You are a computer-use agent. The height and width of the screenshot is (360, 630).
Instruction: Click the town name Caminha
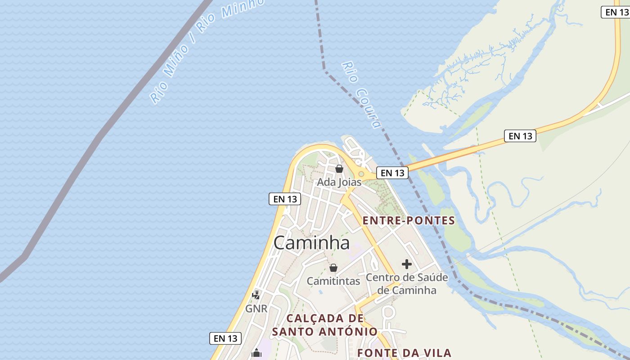click(311, 243)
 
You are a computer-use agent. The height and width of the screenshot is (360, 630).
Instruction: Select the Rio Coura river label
click(361, 95)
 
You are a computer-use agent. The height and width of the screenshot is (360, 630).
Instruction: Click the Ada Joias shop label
click(339, 182)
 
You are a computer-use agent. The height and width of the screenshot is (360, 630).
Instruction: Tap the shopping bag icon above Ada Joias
click(339, 169)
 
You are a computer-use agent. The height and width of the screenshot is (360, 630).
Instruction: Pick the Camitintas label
click(333, 281)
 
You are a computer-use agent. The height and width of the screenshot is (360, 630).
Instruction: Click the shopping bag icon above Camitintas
click(333, 268)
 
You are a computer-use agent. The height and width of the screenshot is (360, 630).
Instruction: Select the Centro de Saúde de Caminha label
click(407, 283)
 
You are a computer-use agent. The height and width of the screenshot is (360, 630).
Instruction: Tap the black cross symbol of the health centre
click(407, 264)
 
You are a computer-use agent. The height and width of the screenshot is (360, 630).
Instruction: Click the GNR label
click(256, 309)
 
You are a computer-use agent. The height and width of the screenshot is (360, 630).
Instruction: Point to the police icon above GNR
click(256, 295)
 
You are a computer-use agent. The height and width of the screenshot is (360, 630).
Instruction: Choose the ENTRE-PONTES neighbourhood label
click(409, 220)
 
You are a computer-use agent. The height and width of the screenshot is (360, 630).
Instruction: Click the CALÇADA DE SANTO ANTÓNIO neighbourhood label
click(325, 325)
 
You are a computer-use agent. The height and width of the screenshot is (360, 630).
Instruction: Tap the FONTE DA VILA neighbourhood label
click(404, 353)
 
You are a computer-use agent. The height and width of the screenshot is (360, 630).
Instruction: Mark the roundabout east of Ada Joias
click(361, 174)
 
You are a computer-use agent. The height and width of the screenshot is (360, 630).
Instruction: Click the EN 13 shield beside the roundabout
click(392, 173)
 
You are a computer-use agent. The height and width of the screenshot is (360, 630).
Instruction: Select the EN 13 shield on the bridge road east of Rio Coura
click(520, 136)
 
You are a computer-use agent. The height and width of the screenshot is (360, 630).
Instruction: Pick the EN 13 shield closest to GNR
click(225, 338)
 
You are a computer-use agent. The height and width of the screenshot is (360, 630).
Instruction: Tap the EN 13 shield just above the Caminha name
click(285, 198)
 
